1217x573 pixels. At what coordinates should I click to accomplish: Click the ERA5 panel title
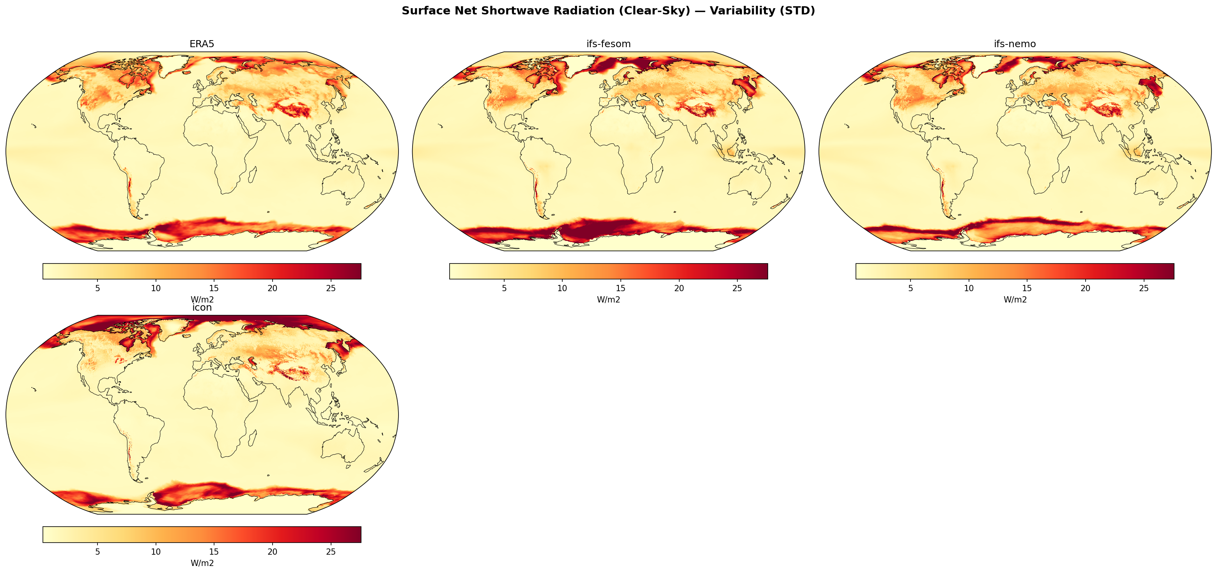click(x=202, y=44)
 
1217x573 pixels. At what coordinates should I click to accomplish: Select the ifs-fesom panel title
click(x=608, y=44)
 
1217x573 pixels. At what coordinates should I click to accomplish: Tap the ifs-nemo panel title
click(x=1015, y=44)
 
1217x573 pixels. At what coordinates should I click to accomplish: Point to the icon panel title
click(x=202, y=308)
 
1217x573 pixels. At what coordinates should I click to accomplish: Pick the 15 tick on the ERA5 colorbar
click(x=214, y=288)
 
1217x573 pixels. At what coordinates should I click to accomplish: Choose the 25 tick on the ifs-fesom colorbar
click(x=737, y=288)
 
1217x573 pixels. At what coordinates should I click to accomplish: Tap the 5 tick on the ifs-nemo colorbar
click(x=911, y=288)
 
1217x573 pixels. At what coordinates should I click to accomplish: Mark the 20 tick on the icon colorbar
click(x=272, y=552)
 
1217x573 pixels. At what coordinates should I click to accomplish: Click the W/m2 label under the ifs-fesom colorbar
click(x=608, y=299)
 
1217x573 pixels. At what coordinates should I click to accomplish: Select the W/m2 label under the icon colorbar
click(x=202, y=563)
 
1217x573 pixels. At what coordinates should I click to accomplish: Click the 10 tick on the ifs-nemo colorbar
click(x=969, y=288)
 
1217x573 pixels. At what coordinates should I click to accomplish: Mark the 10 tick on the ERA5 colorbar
click(x=156, y=288)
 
